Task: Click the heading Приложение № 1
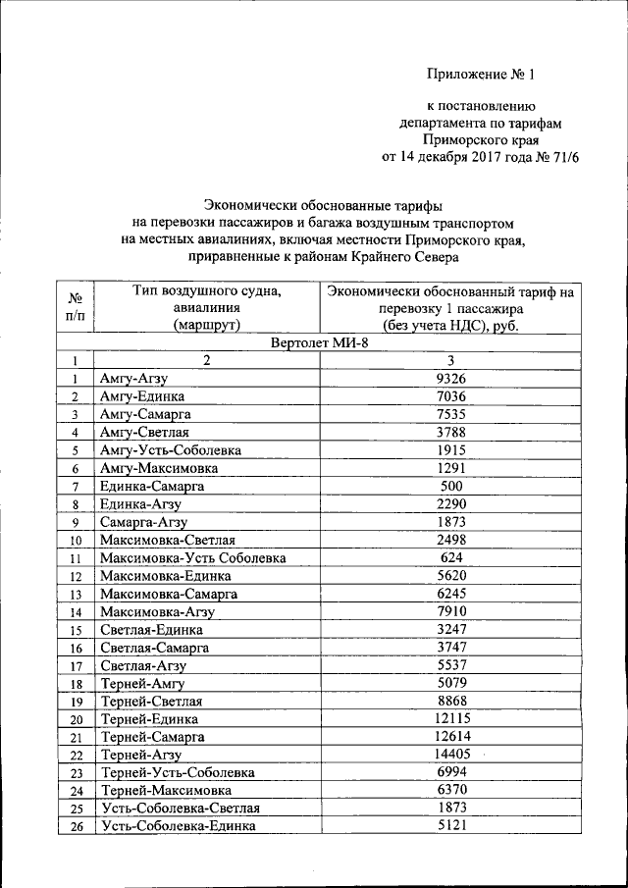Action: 484,74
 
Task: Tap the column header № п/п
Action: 75,306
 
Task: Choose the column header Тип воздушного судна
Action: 206,306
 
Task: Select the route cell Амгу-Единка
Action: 142,396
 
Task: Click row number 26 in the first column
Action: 75,826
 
